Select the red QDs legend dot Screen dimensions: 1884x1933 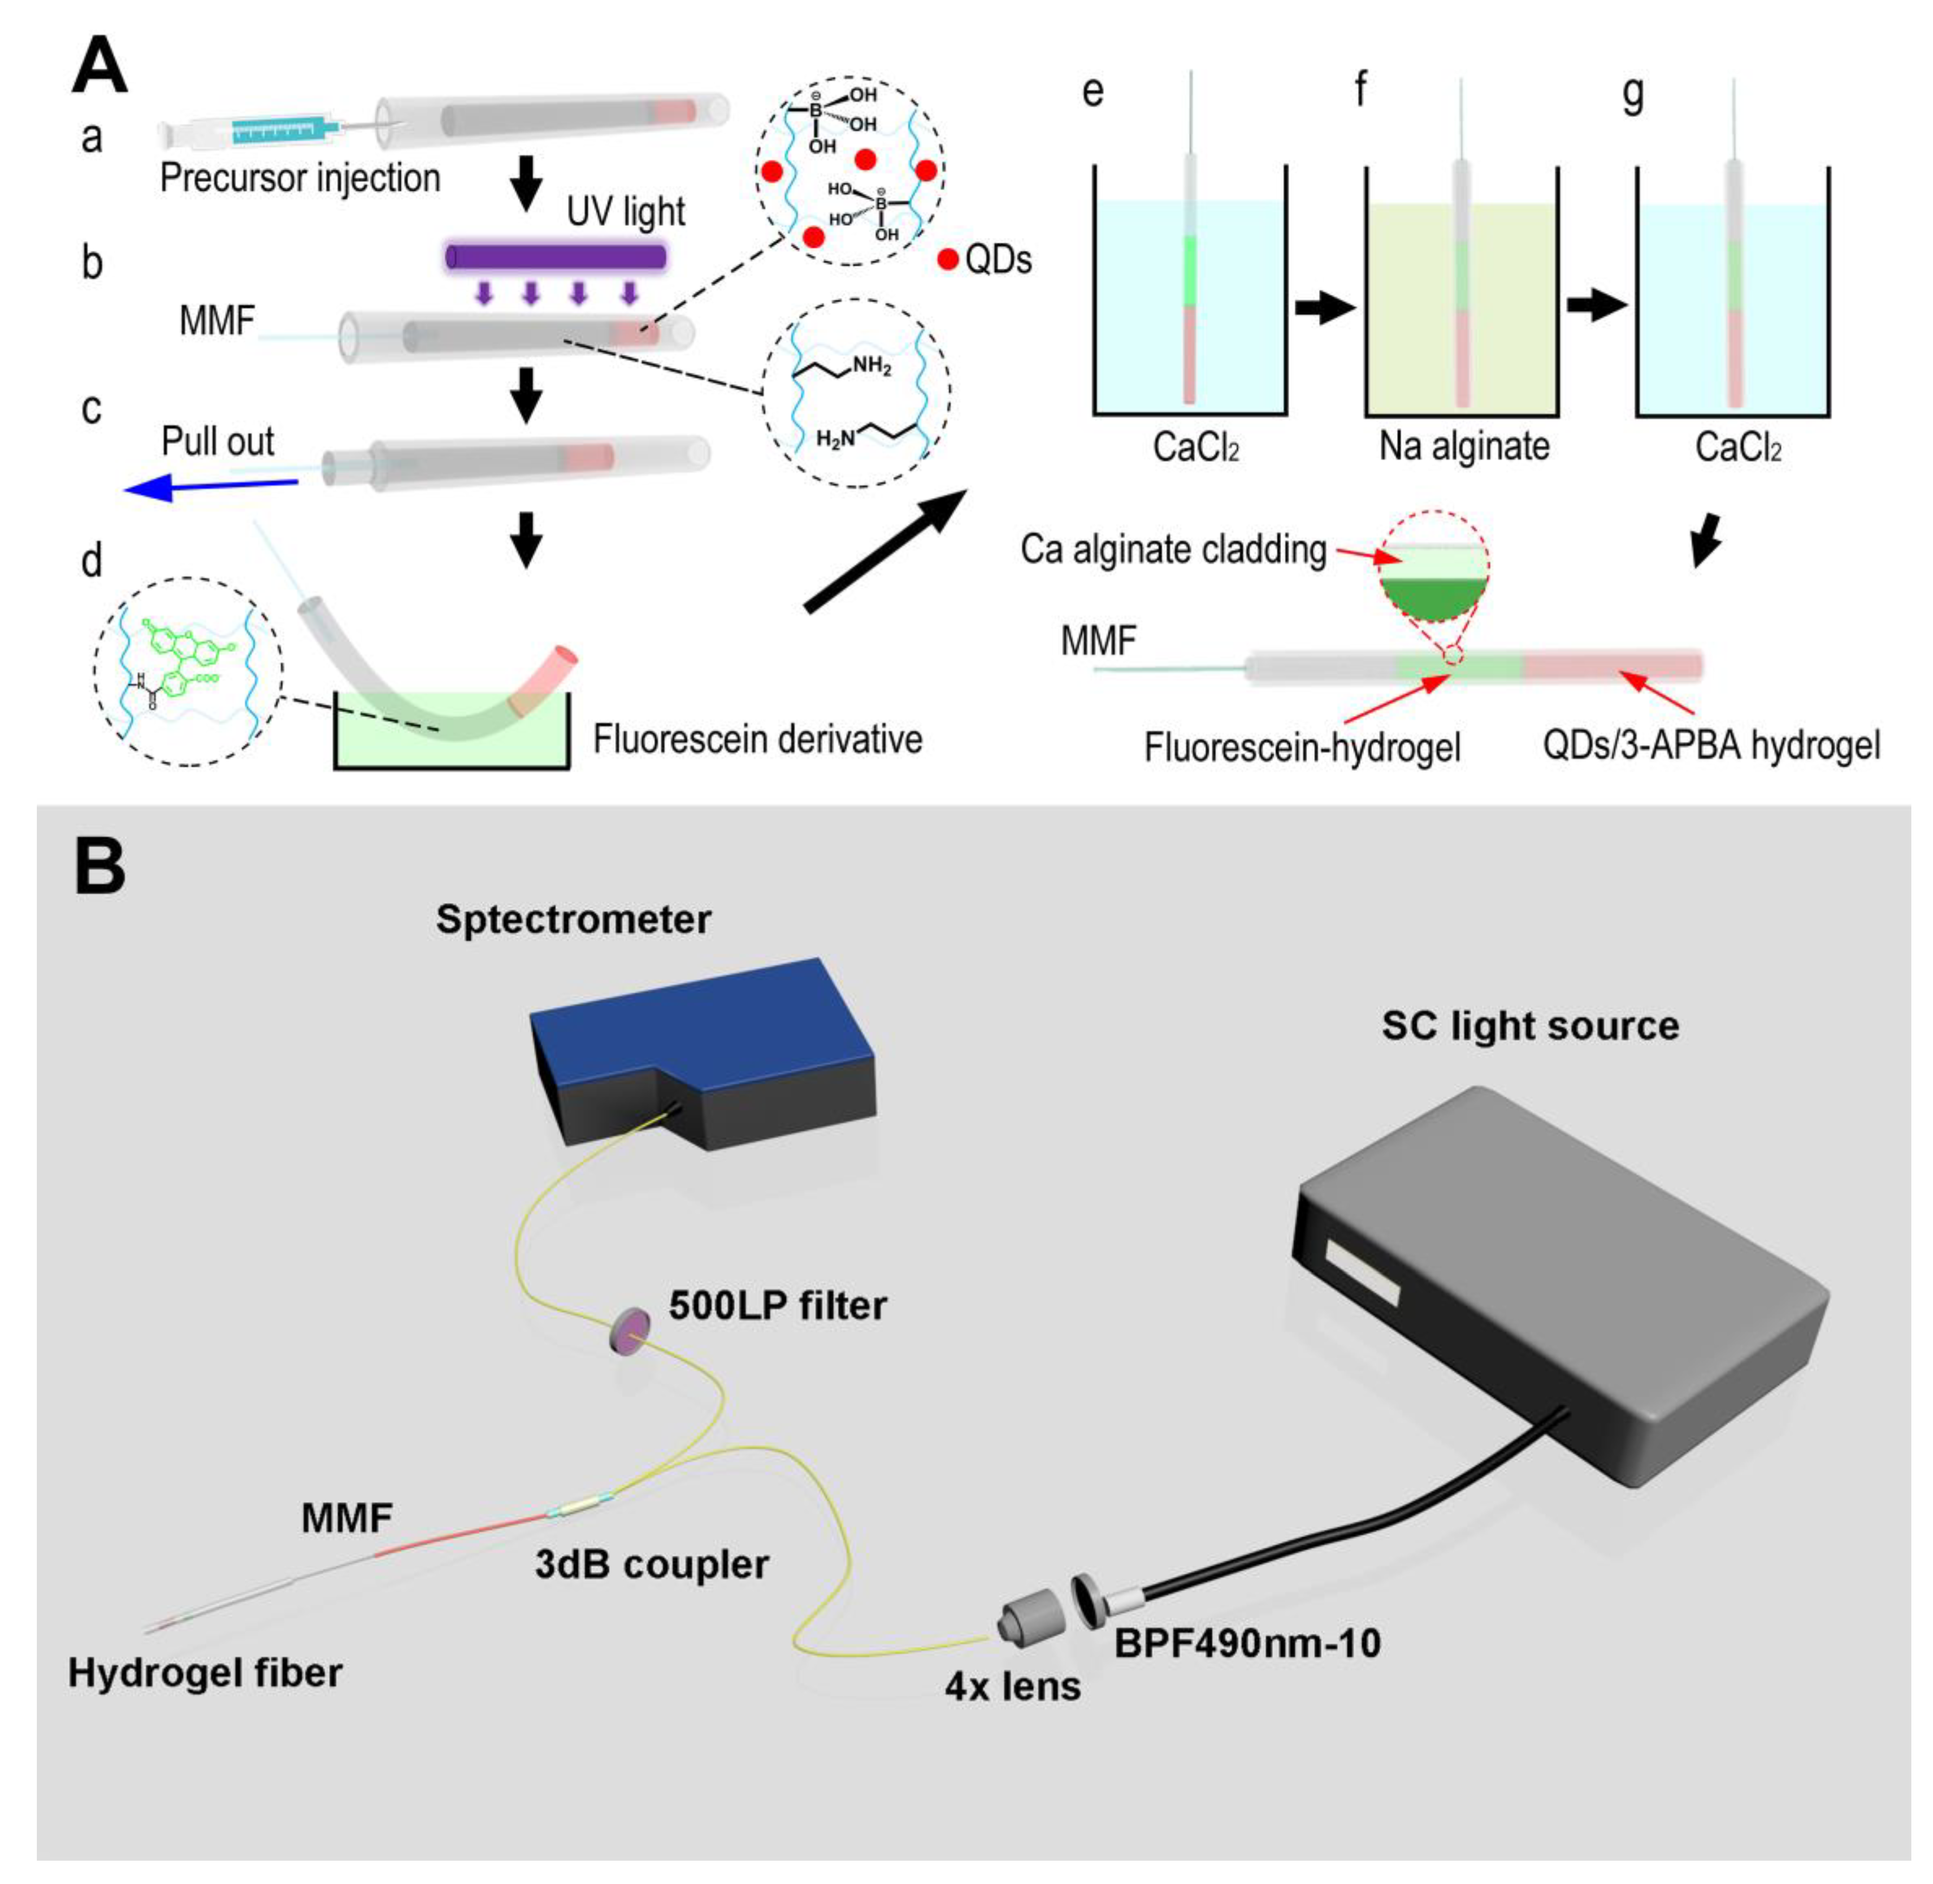946,260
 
